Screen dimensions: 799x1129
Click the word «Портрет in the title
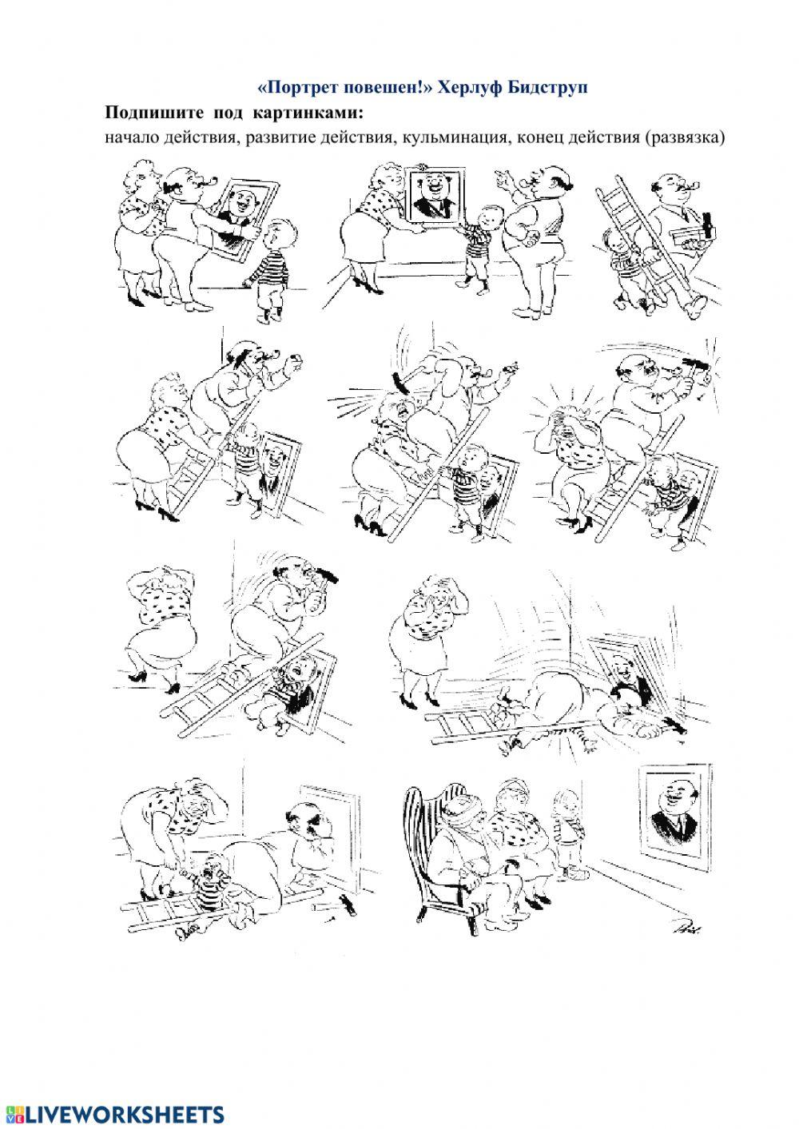296,88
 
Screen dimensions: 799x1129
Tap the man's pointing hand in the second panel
503,176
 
